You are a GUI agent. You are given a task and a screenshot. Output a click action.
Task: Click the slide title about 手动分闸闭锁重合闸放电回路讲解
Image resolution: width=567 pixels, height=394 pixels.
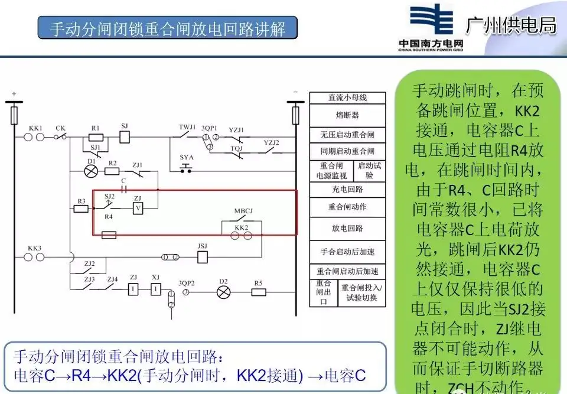pyautogui.click(x=168, y=28)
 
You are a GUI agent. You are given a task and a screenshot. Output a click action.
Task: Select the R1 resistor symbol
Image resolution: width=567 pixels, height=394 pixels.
pyautogui.click(x=96, y=138)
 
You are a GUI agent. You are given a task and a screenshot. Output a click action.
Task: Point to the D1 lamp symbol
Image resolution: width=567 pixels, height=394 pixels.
pyautogui.click(x=91, y=171)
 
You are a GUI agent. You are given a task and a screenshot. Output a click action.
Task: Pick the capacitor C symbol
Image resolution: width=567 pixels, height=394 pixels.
pyautogui.click(x=124, y=189)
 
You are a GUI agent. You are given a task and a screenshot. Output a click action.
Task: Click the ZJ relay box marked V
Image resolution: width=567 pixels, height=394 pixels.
pyautogui.click(x=138, y=209)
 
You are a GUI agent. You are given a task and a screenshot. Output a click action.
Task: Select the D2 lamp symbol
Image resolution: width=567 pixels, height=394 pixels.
pyautogui.click(x=223, y=292)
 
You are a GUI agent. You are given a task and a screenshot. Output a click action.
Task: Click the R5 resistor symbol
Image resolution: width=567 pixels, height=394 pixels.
pyautogui.click(x=258, y=292)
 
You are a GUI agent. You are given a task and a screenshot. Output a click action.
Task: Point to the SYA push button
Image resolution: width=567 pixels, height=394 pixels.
pyautogui.click(x=187, y=169)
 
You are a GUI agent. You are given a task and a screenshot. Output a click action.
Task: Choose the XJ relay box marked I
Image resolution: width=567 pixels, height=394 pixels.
pyautogui.click(x=155, y=289)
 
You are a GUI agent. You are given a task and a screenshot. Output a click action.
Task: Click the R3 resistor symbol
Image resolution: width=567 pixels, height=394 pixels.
pyautogui.click(x=82, y=209)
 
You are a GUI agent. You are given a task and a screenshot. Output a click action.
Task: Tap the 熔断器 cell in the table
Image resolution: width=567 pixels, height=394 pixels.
pyautogui.click(x=348, y=115)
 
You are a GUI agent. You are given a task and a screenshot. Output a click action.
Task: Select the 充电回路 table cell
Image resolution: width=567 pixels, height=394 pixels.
pyautogui.click(x=348, y=190)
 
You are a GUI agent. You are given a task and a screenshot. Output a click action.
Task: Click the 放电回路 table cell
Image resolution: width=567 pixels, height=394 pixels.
pyautogui.click(x=348, y=228)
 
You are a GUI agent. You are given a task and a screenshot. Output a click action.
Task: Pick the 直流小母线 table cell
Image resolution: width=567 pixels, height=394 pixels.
pyautogui.click(x=348, y=97)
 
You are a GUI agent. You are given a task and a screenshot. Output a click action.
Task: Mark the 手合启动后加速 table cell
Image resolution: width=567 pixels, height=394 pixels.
pyautogui.click(x=348, y=251)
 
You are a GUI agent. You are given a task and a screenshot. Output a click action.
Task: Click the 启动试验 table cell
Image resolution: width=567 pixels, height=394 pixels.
pyautogui.click(x=370, y=171)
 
